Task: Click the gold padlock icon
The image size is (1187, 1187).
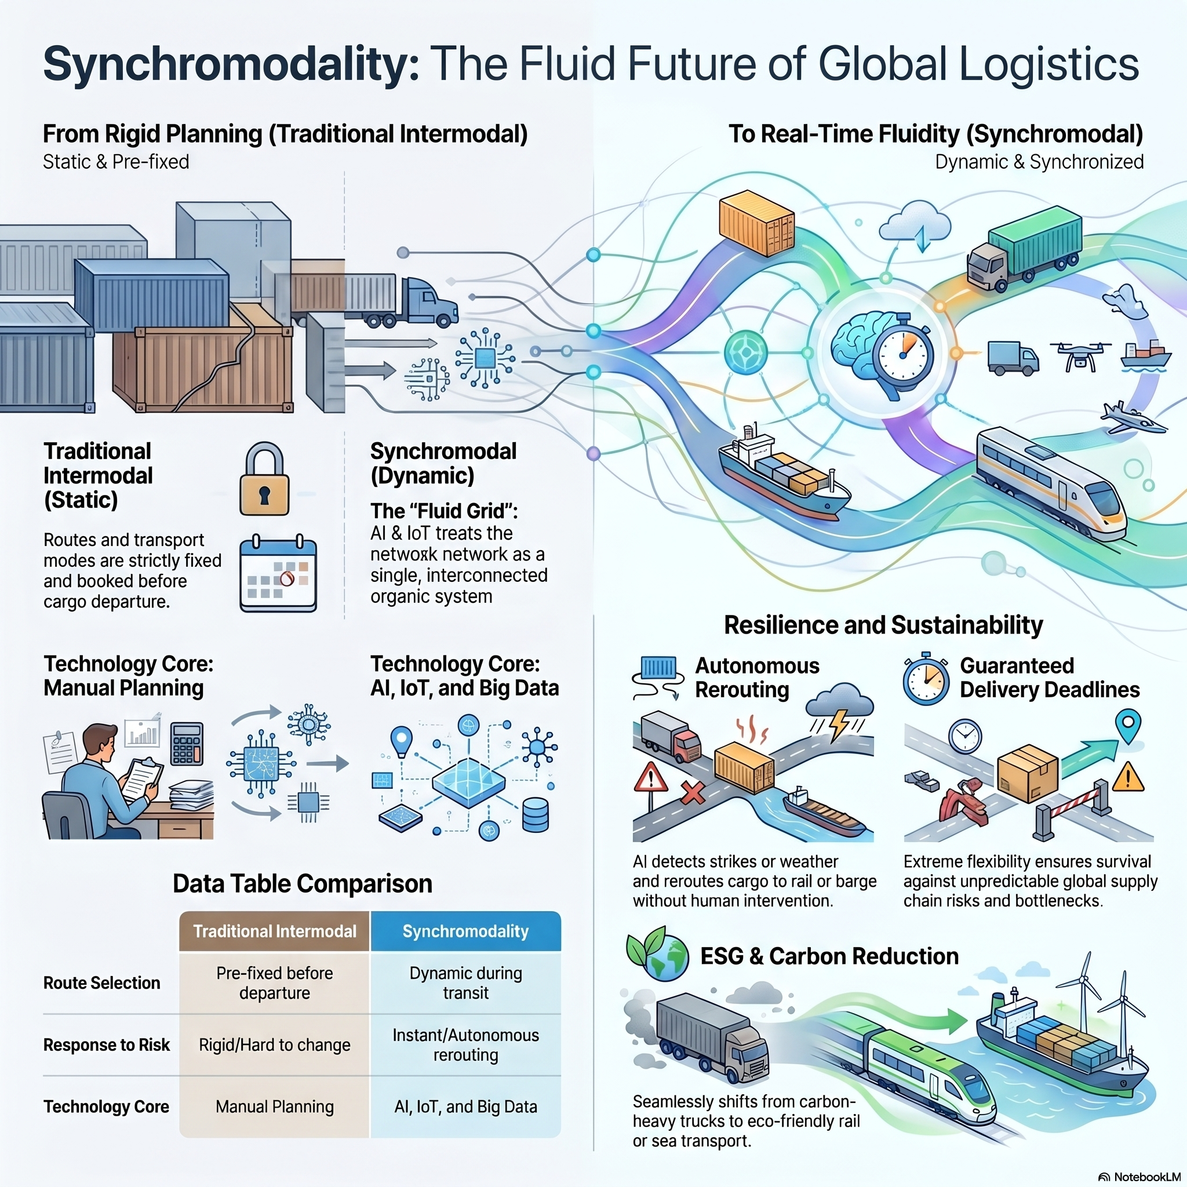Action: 264,480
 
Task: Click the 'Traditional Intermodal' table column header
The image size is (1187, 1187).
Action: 275,931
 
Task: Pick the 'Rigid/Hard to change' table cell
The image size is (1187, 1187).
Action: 275,1044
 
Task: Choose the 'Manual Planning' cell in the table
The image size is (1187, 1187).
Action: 275,1106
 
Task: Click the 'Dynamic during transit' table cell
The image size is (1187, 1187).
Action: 466,983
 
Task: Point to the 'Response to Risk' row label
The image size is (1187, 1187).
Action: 106,1044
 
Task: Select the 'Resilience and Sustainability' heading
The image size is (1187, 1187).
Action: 883,625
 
